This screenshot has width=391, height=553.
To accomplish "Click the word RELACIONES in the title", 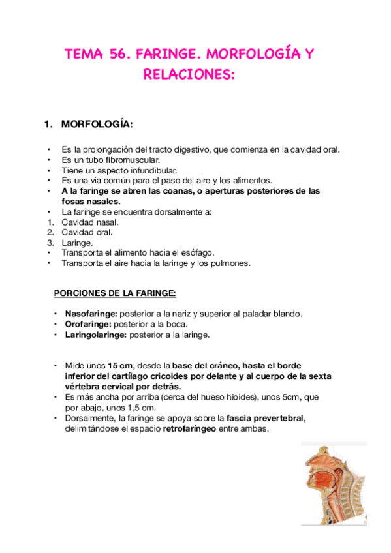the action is tap(187, 75).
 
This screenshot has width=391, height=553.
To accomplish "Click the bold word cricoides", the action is tap(200, 376).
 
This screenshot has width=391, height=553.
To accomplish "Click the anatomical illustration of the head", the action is tap(334, 483).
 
